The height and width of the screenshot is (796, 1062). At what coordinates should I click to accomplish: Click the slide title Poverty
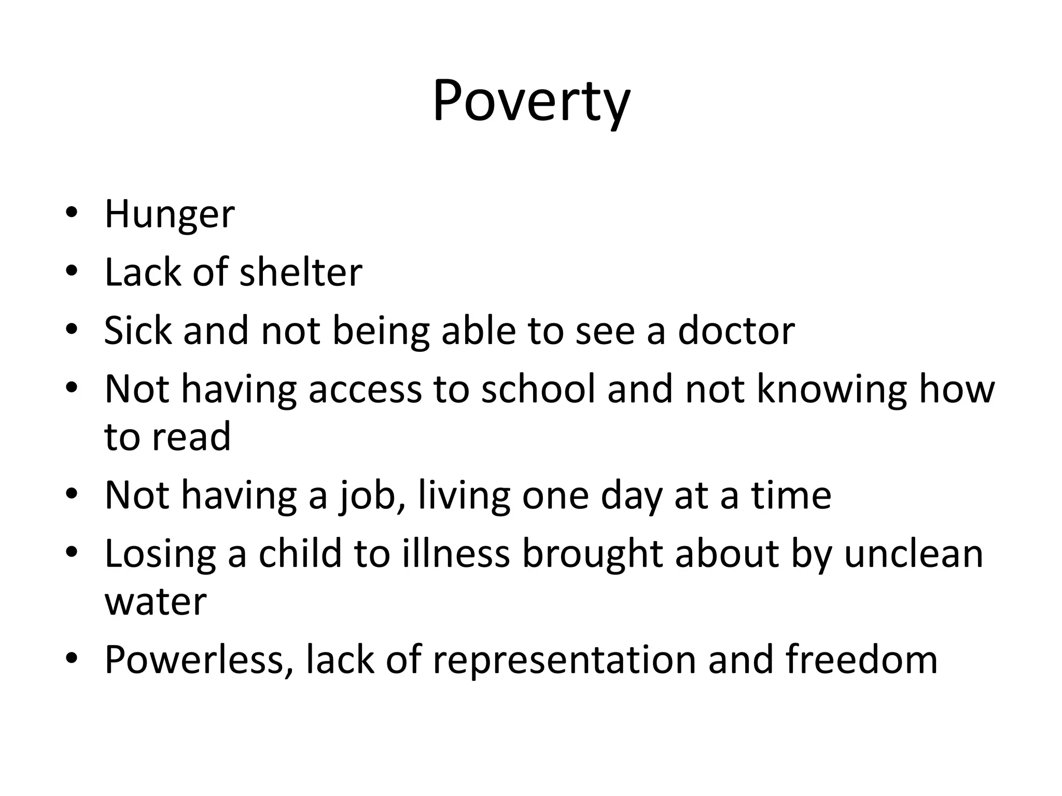point(531,102)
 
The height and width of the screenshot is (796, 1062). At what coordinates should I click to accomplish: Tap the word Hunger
point(170,215)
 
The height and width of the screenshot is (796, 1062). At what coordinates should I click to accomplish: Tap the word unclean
point(914,553)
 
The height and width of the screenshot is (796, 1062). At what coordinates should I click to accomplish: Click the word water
point(156,602)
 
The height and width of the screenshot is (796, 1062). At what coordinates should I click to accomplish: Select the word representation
point(564,661)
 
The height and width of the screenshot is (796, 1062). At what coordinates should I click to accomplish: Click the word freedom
point(861,660)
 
